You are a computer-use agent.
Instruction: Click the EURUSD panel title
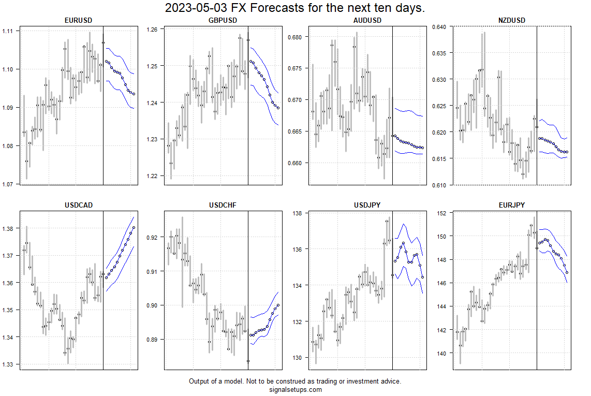point(79,21)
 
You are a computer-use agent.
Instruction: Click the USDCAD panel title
point(79,206)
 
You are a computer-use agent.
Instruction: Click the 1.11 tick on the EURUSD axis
point(9,31)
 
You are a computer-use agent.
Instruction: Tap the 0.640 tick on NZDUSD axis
point(440,27)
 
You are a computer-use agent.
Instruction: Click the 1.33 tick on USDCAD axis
point(9,364)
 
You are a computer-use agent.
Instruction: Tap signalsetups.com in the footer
point(295,390)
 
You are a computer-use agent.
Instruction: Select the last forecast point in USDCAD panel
point(134,227)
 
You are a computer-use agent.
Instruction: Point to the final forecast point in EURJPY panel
point(567,272)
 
